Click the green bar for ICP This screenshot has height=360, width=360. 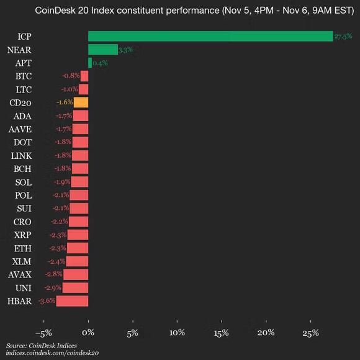pyautogui.click(x=210, y=37)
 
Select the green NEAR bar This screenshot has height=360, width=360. pyautogui.click(x=103, y=50)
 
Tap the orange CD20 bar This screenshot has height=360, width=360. pyautogui.click(x=81, y=102)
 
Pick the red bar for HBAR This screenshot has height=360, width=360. pyautogui.click(x=73, y=301)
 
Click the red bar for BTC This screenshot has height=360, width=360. pyautogui.click(x=85, y=76)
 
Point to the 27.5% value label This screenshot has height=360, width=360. pyautogui.click(x=343, y=37)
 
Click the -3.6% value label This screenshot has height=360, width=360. pyautogui.click(x=47, y=301)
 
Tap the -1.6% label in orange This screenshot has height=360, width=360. pyautogui.click(x=64, y=102)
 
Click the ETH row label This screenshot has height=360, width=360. pyautogui.click(x=22, y=248)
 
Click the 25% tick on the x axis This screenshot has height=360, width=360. pyautogui.click(x=310, y=333)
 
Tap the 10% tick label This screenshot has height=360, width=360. pyautogui.click(x=177, y=333)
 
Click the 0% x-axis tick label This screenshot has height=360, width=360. pyautogui.click(x=89, y=333)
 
